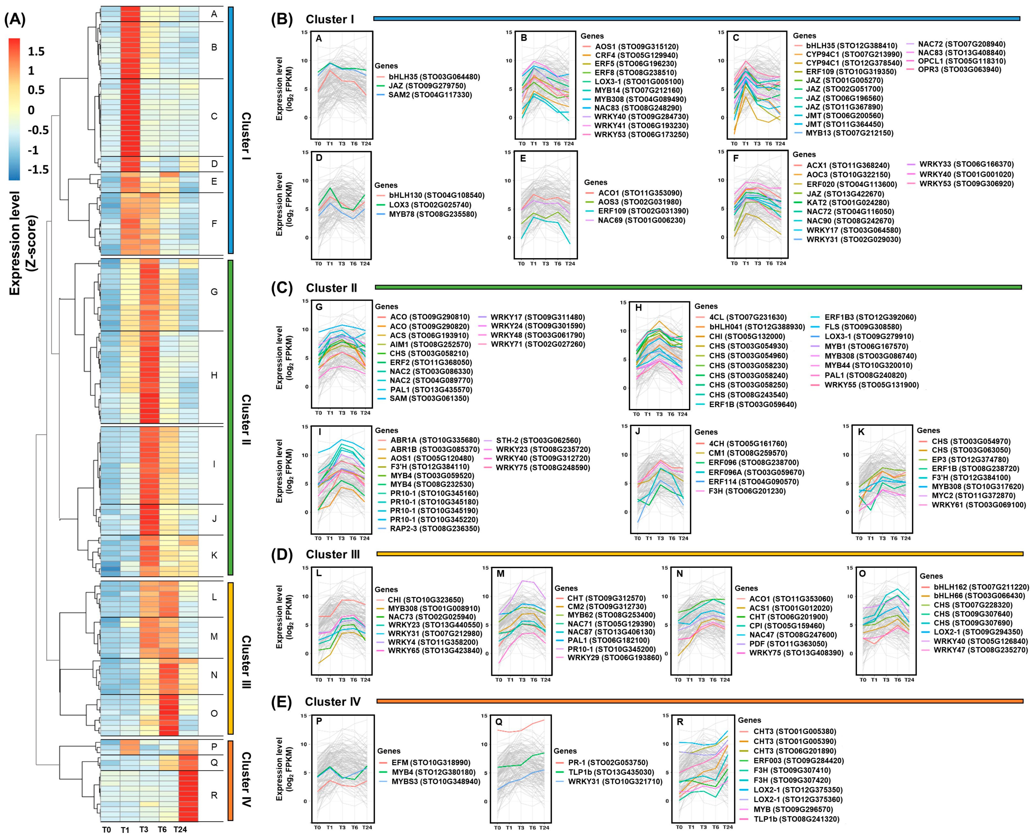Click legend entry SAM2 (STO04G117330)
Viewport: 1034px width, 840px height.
(430, 95)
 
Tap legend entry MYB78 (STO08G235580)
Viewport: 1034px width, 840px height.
(432, 214)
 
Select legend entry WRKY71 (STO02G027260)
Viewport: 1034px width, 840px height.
(538, 344)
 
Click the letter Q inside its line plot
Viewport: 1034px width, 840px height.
(499, 722)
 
